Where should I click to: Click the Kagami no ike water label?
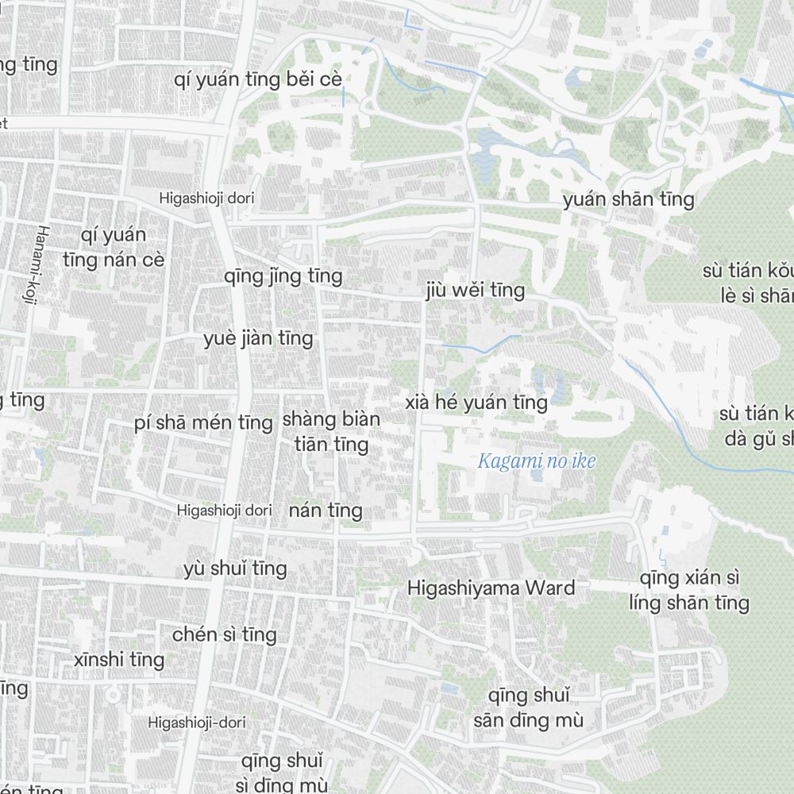[x=537, y=461]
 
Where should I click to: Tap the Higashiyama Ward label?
[x=491, y=588]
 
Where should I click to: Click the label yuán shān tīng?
[x=628, y=199]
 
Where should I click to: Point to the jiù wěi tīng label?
[x=475, y=291]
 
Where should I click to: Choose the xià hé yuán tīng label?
[x=476, y=403]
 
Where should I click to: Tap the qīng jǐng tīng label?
[x=283, y=276]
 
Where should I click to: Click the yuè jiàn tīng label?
[x=258, y=339]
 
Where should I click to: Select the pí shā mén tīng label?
[x=203, y=423]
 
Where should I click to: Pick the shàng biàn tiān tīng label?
[x=331, y=431]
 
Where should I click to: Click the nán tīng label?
[x=326, y=511]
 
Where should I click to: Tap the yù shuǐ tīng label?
[x=235, y=569]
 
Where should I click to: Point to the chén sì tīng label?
[x=225, y=634]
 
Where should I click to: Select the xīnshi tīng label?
[x=119, y=660]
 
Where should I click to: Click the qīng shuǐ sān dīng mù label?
[x=529, y=708]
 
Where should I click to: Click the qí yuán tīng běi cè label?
[x=258, y=80]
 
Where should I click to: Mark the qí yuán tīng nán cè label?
[x=114, y=248]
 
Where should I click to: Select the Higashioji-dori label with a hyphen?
[x=197, y=723]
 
